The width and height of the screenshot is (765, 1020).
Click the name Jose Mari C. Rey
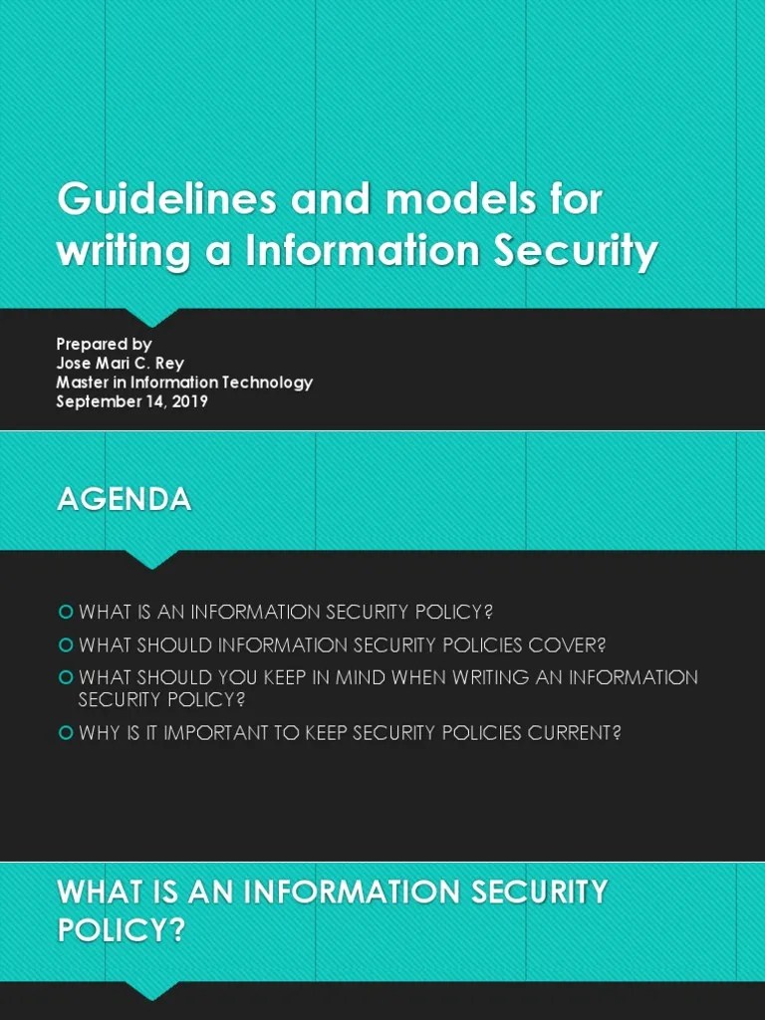pyautogui.click(x=120, y=364)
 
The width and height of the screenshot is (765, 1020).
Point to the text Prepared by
pyautogui.click(x=104, y=345)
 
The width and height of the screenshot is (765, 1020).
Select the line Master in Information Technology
pyautogui.click(x=184, y=382)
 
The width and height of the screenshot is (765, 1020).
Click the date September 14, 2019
pyautogui.click(x=131, y=401)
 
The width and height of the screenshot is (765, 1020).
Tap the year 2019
pyautogui.click(x=188, y=401)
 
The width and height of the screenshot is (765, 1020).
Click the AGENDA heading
pyautogui.click(x=124, y=499)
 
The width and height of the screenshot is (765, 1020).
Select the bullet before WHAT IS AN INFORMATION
pyautogui.click(x=66, y=611)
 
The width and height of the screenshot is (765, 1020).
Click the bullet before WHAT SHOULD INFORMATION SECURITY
pyautogui.click(x=66, y=643)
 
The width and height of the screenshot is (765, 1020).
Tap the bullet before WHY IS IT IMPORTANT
pyautogui.click(x=66, y=733)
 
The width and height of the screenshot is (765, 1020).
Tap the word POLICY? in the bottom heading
pyautogui.click(x=121, y=930)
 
